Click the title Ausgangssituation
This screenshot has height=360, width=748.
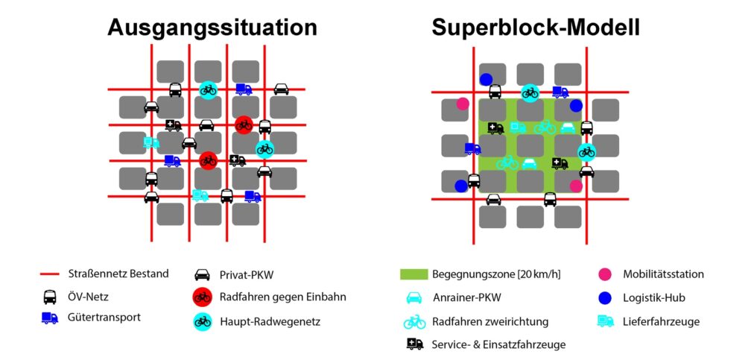(x=212, y=28)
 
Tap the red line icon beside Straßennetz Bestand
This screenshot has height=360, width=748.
(x=50, y=274)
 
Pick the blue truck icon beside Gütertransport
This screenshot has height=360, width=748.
(x=50, y=318)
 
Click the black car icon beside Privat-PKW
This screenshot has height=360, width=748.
(x=202, y=274)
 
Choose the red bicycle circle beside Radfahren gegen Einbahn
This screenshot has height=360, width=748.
(x=202, y=297)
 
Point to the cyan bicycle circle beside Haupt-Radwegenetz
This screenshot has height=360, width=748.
(x=202, y=321)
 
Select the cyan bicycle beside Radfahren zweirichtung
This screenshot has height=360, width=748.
(x=414, y=322)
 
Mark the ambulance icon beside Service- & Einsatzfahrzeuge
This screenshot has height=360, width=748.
(x=414, y=344)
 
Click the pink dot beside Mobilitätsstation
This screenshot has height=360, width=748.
(x=605, y=274)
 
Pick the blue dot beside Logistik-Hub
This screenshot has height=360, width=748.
(x=605, y=297)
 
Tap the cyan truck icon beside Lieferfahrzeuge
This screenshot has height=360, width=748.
(x=605, y=321)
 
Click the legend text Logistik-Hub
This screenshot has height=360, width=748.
(x=653, y=298)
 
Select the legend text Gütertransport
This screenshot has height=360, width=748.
(x=104, y=318)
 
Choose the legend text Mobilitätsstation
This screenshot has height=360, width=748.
(x=663, y=274)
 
